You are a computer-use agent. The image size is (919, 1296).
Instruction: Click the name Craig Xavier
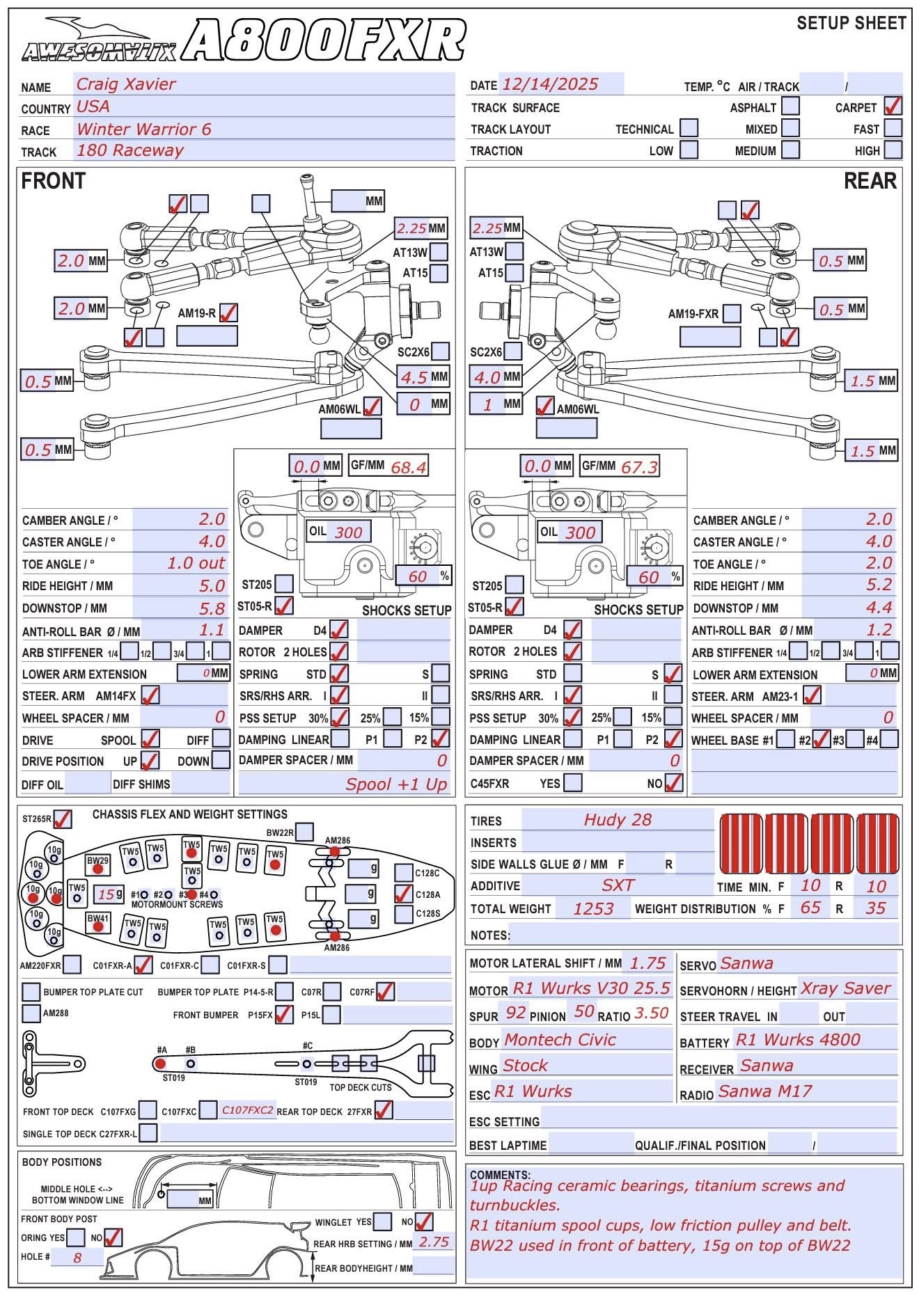[126, 85]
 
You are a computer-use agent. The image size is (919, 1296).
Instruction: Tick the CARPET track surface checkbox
[893, 106]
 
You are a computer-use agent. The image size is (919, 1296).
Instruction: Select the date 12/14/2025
[550, 85]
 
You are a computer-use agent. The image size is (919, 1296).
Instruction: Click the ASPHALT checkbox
[790, 106]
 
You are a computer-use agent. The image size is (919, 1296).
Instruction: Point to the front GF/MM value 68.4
[409, 467]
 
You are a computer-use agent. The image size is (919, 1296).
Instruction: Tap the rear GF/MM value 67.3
[639, 467]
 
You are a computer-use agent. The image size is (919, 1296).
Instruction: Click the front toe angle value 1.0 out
[196, 563]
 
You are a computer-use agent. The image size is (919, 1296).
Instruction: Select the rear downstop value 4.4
[879, 608]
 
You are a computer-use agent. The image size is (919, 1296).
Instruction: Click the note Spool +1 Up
[396, 784]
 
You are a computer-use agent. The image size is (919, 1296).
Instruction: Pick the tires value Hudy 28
[618, 820]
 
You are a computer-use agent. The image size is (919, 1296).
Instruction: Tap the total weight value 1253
[593, 909]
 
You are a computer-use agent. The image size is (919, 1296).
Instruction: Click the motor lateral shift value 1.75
[647, 963]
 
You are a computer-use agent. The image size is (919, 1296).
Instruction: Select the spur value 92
[516, 1013]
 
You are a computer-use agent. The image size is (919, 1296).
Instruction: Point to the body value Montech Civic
[560, 1040]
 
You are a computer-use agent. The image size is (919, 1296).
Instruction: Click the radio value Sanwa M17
[765, 1091]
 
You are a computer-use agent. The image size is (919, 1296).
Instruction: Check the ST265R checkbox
[63, 819]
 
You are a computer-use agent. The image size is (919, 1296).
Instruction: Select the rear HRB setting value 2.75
[434, 1242]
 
